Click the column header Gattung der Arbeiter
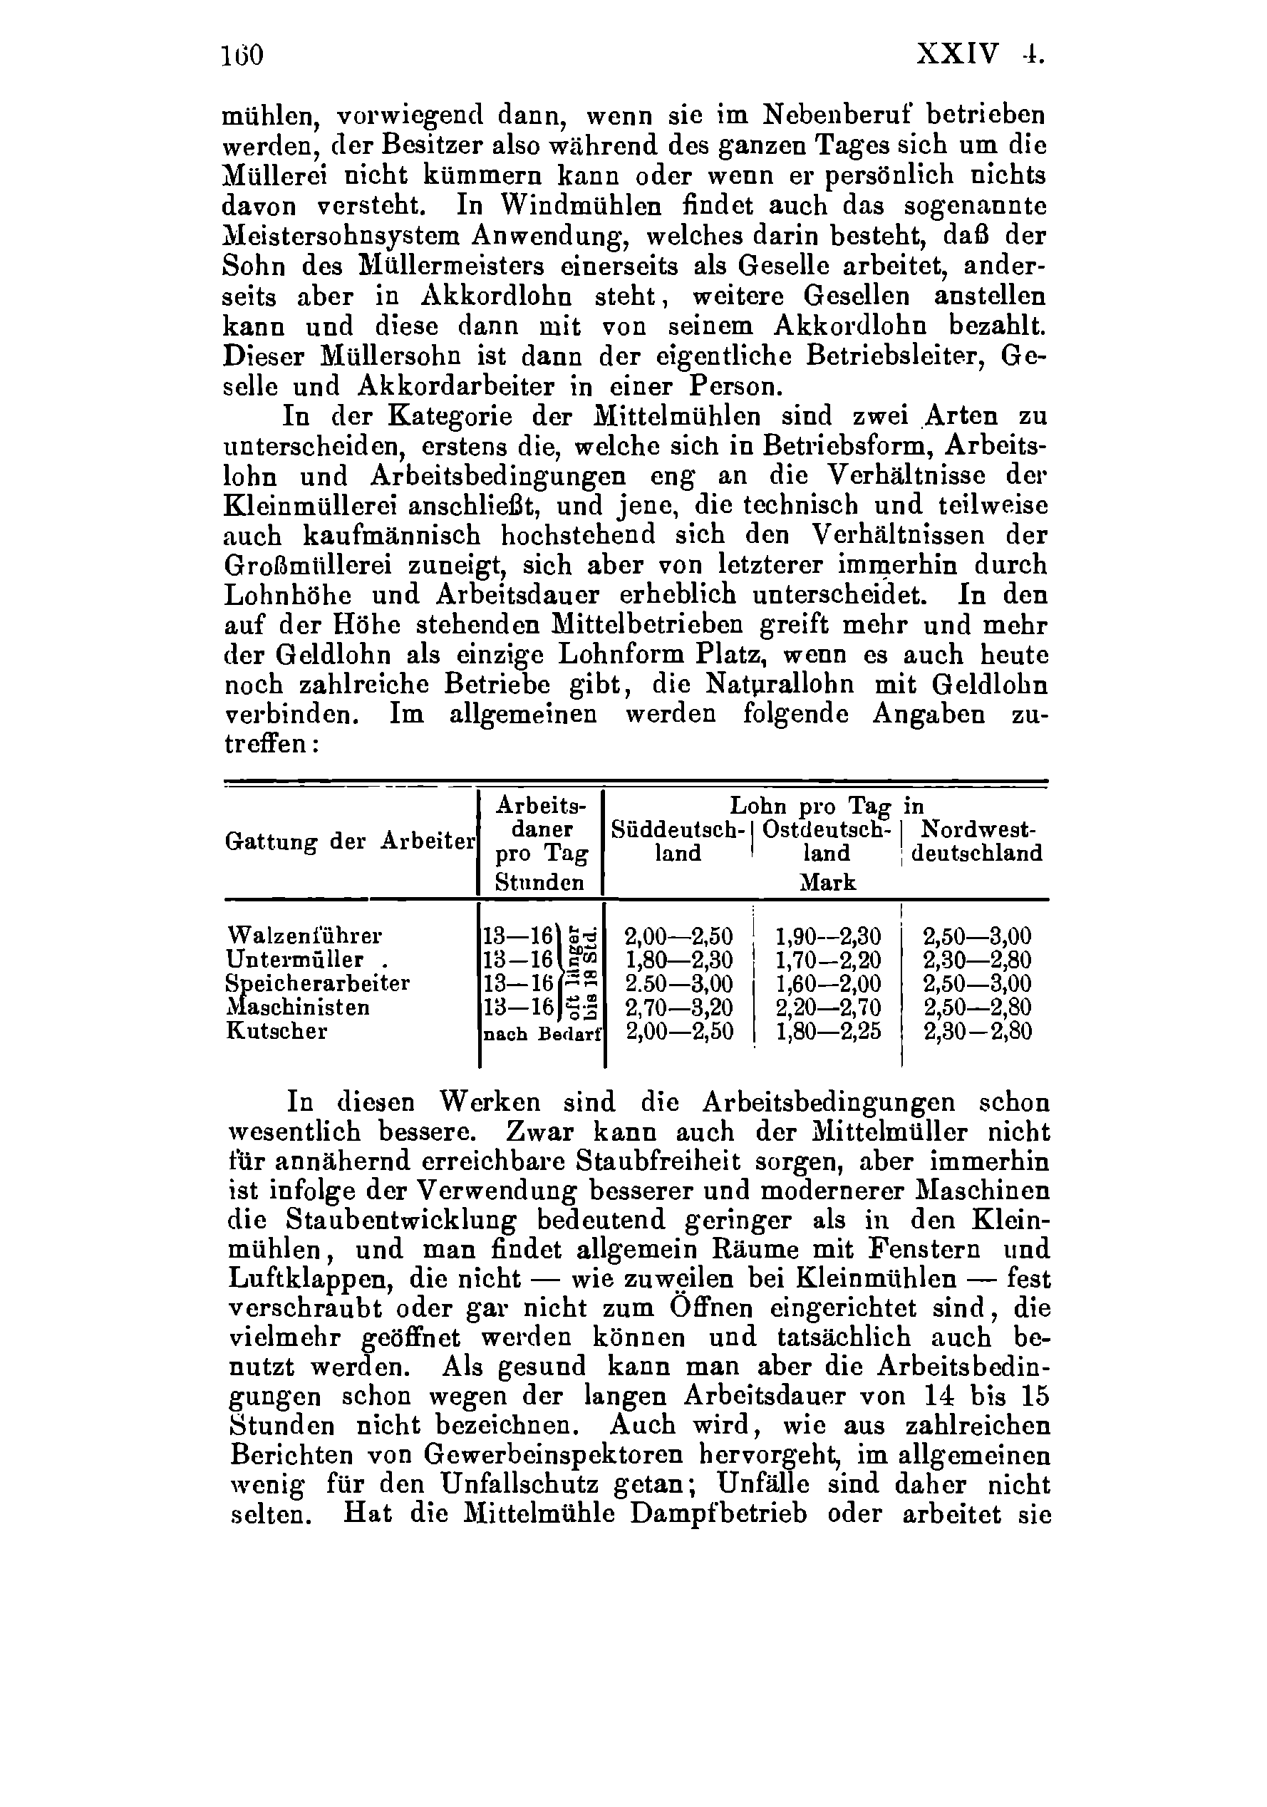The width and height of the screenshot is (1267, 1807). pyautogui.click(x=350, y=842)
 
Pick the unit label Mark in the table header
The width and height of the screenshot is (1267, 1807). pyautogui.click(x=827, y=882)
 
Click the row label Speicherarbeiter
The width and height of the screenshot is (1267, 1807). pyautogui.click(x=317, y=984)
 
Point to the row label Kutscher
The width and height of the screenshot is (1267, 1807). pyautogui.click(x=276, y=1031)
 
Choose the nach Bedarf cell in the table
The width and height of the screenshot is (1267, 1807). pyautogui.click(x=542, y=1033)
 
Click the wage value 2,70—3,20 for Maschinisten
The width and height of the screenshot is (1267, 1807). pyautogui.click(x=678, y=1008)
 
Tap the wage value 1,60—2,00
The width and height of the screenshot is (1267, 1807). pyautogui.click(x=828, y=984)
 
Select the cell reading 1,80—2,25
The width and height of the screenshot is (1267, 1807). pyautogui.click(x=828, y=1031)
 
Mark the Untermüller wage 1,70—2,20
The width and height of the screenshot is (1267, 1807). pyautogui.click(x=828, y=961)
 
